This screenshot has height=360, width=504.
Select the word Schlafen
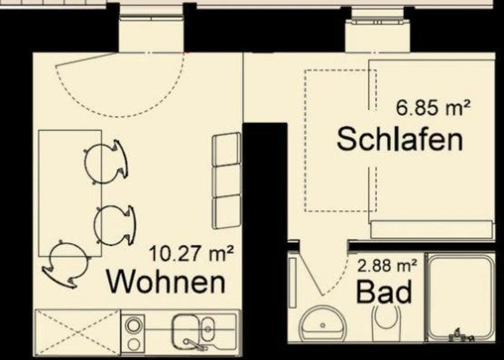click(x=400, y=139)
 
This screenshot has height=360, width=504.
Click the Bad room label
click(x=384, y=293)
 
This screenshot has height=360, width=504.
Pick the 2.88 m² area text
click(x=388, y=264)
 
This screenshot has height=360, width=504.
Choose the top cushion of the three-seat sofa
click(x=227, y=149)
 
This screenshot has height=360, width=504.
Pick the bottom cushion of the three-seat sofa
click(x=227, y=211)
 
